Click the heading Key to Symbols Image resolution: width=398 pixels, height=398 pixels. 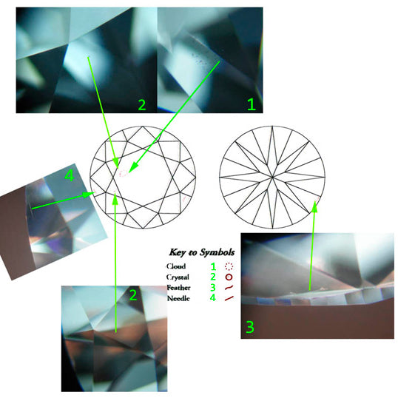(x=201, y=252)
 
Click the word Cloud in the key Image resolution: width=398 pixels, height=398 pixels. (x=176, y=266)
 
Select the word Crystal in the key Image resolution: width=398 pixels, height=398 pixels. (x=178, y=277)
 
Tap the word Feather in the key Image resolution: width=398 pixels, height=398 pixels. (x=178, y=288)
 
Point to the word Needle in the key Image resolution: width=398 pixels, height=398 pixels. (x=178, y=298)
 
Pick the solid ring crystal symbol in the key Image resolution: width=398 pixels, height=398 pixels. (x=229, y=277)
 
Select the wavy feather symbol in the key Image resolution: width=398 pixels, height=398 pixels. (x=229, y=288)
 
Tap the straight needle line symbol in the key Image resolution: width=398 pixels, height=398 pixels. (x=229, y=298)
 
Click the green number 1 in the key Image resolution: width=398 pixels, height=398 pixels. (x=213, y=266)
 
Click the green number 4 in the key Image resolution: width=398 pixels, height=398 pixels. (x=213, y=297)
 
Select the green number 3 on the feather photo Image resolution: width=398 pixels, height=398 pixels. (x=250, y=327)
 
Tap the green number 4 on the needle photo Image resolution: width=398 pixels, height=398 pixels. (x=70, y=175)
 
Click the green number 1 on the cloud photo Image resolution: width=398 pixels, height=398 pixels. (x=252, y=104)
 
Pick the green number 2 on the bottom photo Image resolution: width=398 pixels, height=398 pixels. (x=133, y=295)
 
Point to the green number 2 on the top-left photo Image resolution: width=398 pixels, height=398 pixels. (x=142, y=104)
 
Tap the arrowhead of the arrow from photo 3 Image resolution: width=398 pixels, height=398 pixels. (x=314, y=206)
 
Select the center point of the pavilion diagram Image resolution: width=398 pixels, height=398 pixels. (x=272, y=177)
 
